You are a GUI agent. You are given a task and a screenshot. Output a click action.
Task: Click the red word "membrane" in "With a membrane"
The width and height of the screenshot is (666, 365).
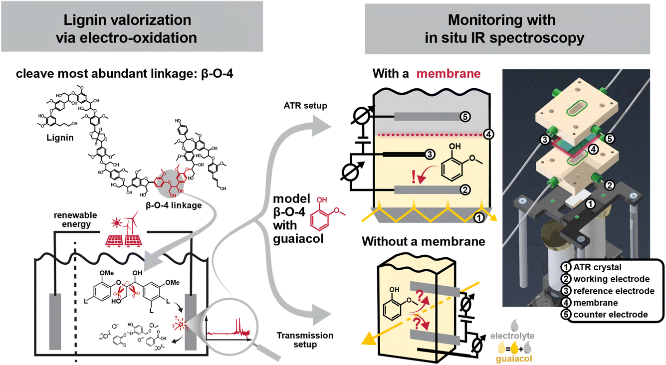[x=448, y=75]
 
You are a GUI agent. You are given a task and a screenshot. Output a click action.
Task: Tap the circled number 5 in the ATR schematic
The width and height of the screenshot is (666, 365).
[x=465, y=116]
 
